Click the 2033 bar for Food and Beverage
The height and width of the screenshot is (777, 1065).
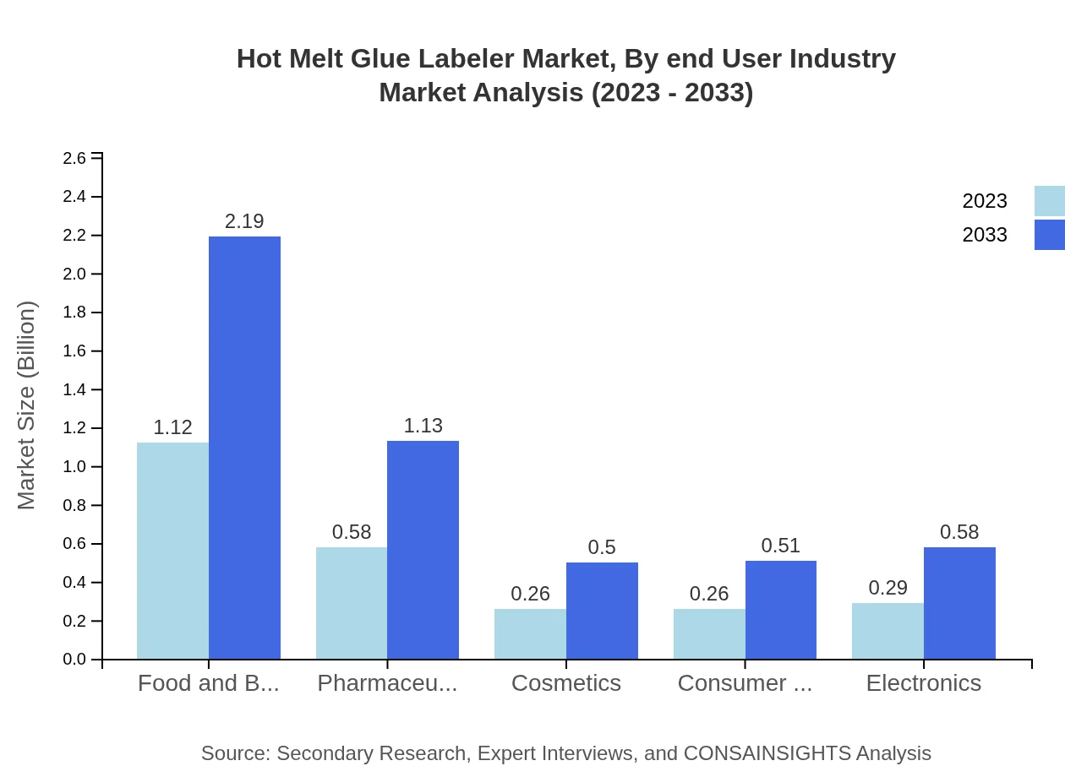tap(244, 448)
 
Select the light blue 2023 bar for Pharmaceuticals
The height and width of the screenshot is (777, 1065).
tap(352, 603)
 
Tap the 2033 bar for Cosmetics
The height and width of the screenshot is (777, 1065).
tap(602, 611)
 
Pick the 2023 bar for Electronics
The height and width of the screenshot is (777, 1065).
tap(887, 631)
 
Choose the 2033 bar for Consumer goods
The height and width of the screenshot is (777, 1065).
tap(781, 610)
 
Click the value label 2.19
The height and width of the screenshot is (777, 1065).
tap(244, 221)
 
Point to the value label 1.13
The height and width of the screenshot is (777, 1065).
tap(423, 426)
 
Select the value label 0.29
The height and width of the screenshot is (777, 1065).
tap(887, 588)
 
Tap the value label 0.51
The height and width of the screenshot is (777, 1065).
tap(780, 546)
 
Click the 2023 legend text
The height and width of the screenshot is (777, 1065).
tap(985, 201)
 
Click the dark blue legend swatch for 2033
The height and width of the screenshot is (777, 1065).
tap(1049, 235)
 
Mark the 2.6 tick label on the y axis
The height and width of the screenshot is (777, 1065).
tap(74, 158)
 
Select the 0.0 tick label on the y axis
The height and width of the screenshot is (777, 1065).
tap(74, 660)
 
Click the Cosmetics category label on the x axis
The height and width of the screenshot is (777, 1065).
tap(566, 682)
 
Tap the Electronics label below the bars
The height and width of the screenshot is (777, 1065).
tap(923, 682)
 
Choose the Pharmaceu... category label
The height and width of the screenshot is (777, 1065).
tap(387, 682)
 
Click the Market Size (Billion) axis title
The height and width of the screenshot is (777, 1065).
tap(27, 405)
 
